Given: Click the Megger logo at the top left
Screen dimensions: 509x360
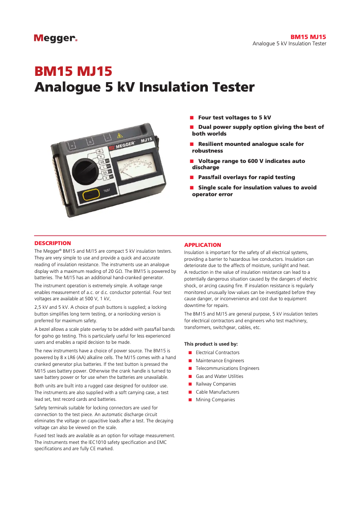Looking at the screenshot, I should [55, 39].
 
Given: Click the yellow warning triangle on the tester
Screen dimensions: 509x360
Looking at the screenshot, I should [119, 135].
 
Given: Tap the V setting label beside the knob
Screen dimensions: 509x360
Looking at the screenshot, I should [101, 156].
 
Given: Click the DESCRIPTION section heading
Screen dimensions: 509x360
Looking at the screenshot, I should [53, 243].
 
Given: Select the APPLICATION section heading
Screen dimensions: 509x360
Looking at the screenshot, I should [202, 245].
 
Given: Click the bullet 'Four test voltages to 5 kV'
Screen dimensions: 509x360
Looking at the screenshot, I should [234, 118].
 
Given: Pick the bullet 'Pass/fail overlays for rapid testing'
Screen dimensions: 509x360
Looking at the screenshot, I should [246, 177].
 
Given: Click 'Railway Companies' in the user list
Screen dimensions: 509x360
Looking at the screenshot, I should [215, 384].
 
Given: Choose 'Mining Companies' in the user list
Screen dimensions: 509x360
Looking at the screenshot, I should [215, 400].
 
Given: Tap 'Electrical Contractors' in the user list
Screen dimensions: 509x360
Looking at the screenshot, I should [217, 353].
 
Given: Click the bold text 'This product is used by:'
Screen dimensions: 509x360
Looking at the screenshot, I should [211, 344].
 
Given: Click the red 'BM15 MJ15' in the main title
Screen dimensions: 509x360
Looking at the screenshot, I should [73, 72].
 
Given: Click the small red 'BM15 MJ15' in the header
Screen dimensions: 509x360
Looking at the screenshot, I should [308, 37].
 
